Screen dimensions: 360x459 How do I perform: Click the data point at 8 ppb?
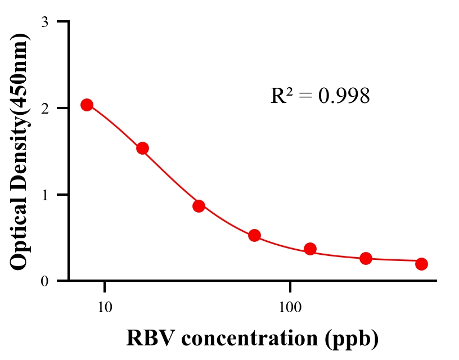87,105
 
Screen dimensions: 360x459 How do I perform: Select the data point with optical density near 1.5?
142,148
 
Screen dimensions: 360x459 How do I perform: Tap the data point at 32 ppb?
199,206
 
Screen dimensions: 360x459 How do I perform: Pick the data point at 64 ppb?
254,235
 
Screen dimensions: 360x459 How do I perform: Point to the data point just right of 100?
310,249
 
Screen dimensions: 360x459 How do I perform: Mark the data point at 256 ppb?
366,258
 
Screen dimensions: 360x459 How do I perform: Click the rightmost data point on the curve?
422,264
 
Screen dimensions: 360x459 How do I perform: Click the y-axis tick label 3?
45,22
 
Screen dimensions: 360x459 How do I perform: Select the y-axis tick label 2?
45,108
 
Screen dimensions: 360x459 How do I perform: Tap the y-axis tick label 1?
45,195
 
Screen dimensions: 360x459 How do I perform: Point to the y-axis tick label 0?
45,281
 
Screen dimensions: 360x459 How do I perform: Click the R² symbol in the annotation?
280,96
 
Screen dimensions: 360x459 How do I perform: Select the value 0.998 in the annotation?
344,96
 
